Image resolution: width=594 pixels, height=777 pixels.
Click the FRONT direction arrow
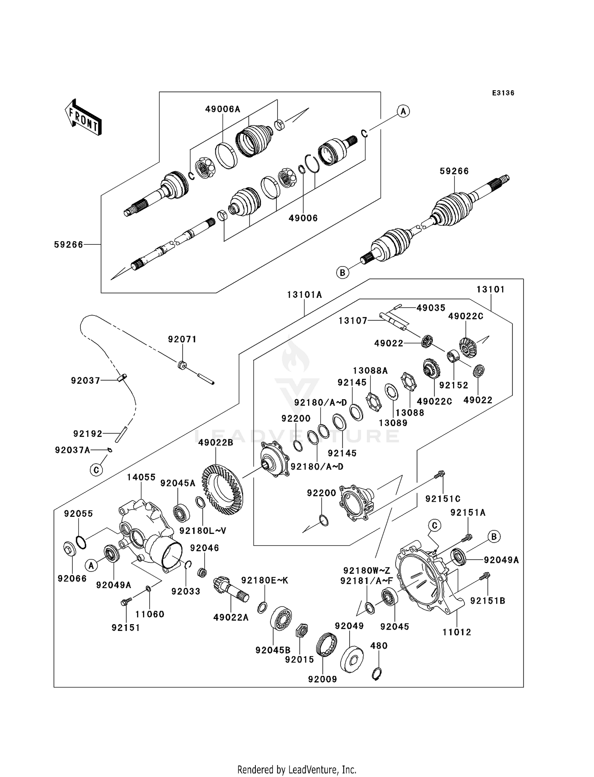coord(84,118)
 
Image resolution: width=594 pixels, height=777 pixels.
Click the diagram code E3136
coord(503,93)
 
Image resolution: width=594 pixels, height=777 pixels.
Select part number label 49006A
coord(223,109)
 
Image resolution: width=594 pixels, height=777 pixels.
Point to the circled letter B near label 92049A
coord(494,537)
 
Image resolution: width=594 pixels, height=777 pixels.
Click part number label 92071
coord(182,339)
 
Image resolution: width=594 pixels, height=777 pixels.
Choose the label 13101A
coord(305,295)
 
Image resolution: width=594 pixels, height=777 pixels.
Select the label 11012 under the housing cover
coord(457,632)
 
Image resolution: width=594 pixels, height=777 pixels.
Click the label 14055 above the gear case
coord(141,477)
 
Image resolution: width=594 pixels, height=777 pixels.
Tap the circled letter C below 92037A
coord(96,470)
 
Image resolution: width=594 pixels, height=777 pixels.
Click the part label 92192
coord(88,434)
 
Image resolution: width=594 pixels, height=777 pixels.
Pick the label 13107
coord(353,321)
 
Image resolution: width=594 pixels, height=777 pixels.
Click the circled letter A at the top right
coord(403,111)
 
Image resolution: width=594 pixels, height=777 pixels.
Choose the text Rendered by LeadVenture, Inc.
coord(297,769)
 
